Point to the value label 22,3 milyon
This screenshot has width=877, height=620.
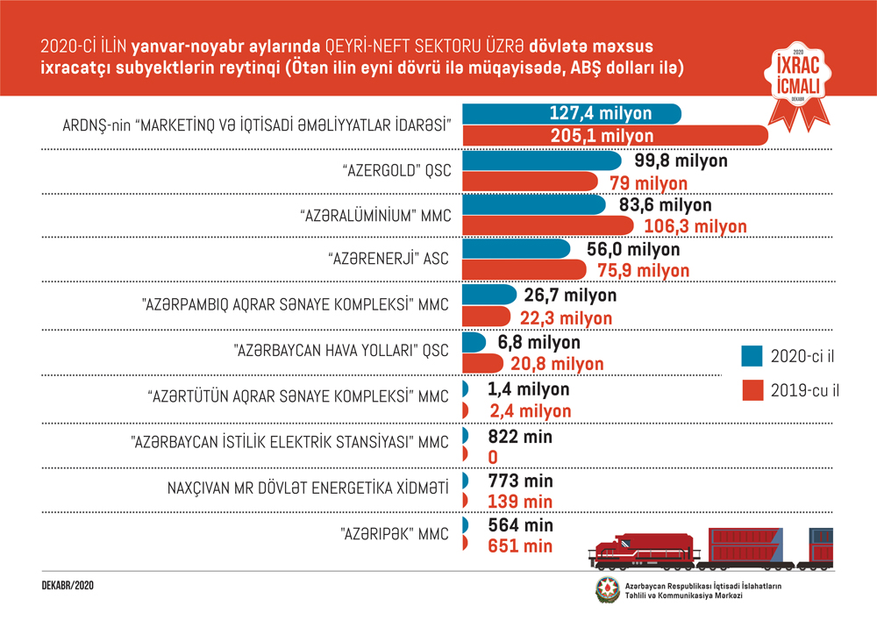click(562, 317)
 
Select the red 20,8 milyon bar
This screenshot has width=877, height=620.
click(482, 363)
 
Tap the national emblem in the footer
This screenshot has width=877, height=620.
click(607, 589)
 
